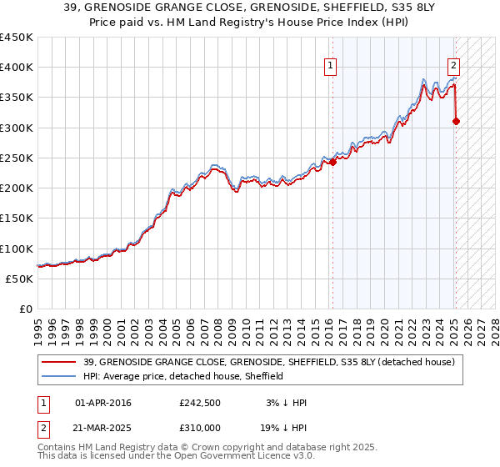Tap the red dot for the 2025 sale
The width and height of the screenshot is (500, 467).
(x=456, y=122)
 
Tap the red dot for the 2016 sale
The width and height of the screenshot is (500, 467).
(x=332, y=162)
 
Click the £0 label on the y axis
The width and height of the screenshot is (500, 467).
(x=26, y=309)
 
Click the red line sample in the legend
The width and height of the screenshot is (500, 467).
(x=59, y=362)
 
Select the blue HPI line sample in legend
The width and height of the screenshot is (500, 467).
(x=59, y=376)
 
